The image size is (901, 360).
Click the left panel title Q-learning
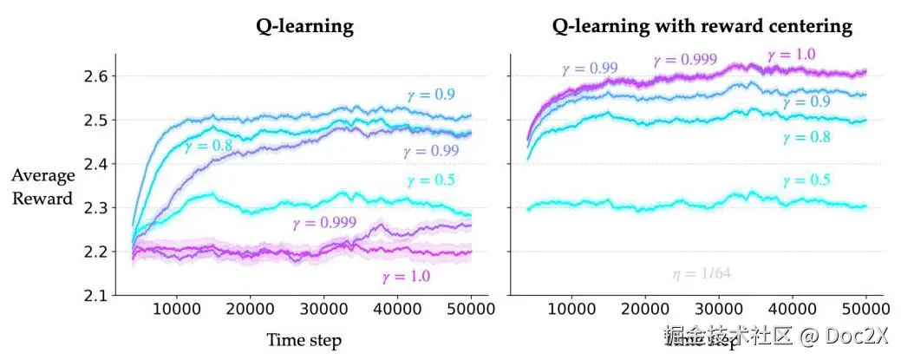tap(304, 26)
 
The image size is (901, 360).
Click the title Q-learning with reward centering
tap(702, 26)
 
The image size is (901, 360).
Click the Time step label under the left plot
tap(304, 340)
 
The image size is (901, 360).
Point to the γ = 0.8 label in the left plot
tap(209, 147)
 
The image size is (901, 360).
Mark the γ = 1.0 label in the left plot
tap(406, 278)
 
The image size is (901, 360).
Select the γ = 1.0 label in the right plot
tap(790, 55)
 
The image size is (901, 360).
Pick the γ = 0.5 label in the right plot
tap(806, 181)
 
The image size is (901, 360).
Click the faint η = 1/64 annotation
tap(702, 274)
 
